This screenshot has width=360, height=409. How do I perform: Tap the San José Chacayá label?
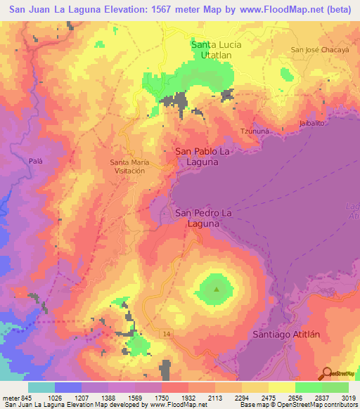319,50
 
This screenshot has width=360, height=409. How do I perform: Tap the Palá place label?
36,160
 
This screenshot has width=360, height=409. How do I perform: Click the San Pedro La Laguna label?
203,218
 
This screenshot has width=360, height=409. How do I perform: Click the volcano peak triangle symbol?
217,289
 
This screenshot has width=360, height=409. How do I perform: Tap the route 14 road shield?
164,332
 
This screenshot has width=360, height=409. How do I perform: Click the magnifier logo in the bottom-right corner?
326,374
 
